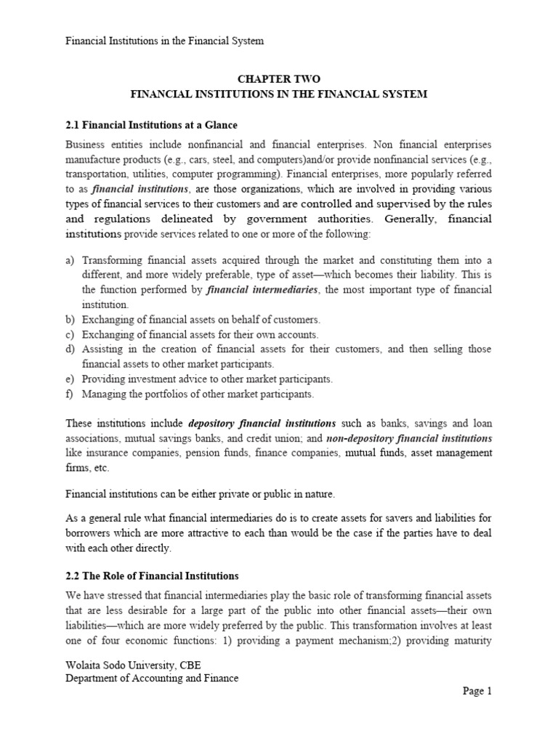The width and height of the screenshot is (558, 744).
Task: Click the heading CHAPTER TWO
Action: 278,78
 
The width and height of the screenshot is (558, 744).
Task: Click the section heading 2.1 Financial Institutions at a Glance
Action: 151,125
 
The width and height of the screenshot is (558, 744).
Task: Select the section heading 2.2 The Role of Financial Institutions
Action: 152,575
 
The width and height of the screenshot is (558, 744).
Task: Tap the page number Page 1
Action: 477,691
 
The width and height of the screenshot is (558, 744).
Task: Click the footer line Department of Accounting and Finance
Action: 152,678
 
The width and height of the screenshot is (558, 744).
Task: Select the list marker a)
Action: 70,259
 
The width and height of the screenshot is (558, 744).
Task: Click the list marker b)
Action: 70,320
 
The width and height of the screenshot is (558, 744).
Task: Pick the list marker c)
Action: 70,334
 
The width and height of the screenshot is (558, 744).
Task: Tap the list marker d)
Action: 70,349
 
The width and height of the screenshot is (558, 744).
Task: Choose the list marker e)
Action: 70,379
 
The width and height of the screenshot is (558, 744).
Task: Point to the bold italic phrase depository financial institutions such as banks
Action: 262,423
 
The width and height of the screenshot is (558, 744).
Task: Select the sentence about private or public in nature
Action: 201,494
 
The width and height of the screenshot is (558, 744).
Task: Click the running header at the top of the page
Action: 164,41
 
